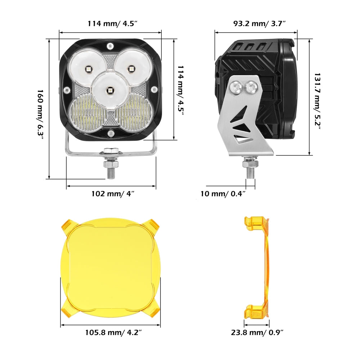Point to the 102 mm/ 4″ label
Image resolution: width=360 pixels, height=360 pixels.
click(113, 194)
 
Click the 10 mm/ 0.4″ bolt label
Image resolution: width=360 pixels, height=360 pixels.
click(223, 194)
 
